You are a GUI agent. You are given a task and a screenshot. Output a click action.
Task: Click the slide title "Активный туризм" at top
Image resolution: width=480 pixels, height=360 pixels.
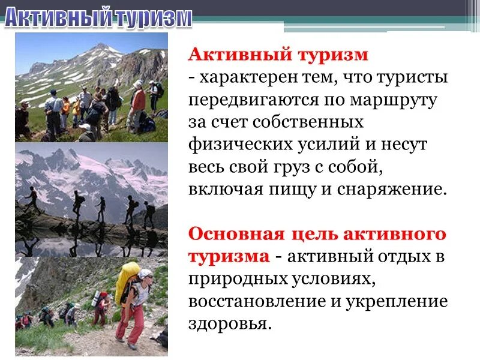(98, 18)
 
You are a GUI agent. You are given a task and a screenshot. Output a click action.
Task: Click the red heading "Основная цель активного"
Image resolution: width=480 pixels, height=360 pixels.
(317, 233)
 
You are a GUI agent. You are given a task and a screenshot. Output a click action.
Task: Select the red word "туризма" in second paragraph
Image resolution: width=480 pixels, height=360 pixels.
(229, 256)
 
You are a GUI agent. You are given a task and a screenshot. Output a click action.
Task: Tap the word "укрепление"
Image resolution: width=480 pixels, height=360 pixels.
(397, 300)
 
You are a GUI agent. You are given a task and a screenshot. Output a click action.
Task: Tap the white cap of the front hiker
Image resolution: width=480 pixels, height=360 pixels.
(145, 274)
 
